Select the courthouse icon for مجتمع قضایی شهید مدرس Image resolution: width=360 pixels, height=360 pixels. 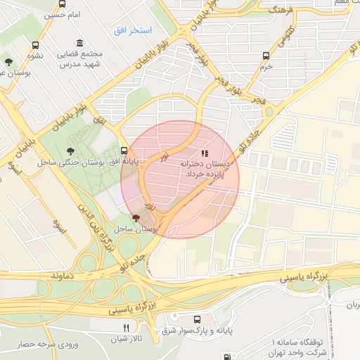tap(79, 44)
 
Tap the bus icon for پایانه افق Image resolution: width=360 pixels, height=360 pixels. tap(124, 150)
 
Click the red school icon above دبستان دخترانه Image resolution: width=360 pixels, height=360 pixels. tap(205, 153)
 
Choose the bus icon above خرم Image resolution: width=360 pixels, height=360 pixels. tap(266, 56)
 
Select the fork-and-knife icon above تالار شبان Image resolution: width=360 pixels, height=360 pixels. tap(127, 328)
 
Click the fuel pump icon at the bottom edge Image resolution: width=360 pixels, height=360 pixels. tap(226, 356)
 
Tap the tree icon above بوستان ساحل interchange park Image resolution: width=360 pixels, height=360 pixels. tap(136, 219)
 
